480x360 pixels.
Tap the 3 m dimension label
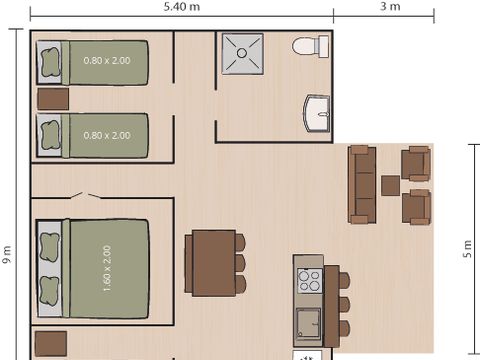(390, 7)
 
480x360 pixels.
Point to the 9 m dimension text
(7, 257)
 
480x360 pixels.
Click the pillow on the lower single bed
(49, 133)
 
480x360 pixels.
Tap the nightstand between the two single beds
(53, 98)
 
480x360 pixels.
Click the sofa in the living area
(361, 184)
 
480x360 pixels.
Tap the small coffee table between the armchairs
(390, 185)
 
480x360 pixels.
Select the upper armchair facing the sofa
(415, 163)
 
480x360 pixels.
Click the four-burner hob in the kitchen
(309, 280)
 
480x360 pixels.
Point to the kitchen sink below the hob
(308, 322)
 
